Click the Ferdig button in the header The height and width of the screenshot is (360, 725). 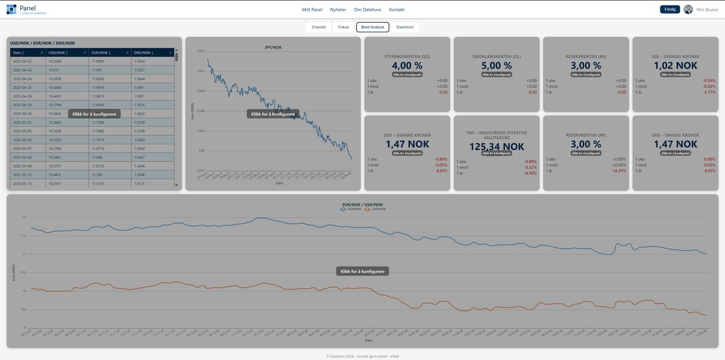669,9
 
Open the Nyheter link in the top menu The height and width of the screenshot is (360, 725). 338,10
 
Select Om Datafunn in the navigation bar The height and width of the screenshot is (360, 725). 367,10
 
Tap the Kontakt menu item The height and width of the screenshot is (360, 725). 396,10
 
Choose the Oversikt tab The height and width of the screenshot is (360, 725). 318,27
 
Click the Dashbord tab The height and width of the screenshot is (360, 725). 404,27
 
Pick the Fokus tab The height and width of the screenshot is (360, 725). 343,27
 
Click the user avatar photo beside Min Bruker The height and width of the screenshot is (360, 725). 688,9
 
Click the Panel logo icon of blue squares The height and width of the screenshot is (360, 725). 11,9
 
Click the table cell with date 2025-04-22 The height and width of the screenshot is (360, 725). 23,61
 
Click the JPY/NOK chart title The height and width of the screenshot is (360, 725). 273,47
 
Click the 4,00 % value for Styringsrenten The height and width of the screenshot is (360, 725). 407,66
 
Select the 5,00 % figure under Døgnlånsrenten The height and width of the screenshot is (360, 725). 496,66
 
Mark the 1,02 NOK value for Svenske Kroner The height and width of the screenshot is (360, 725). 675,66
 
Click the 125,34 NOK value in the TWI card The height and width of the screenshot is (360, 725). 496,147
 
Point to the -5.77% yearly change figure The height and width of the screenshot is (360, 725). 709,92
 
